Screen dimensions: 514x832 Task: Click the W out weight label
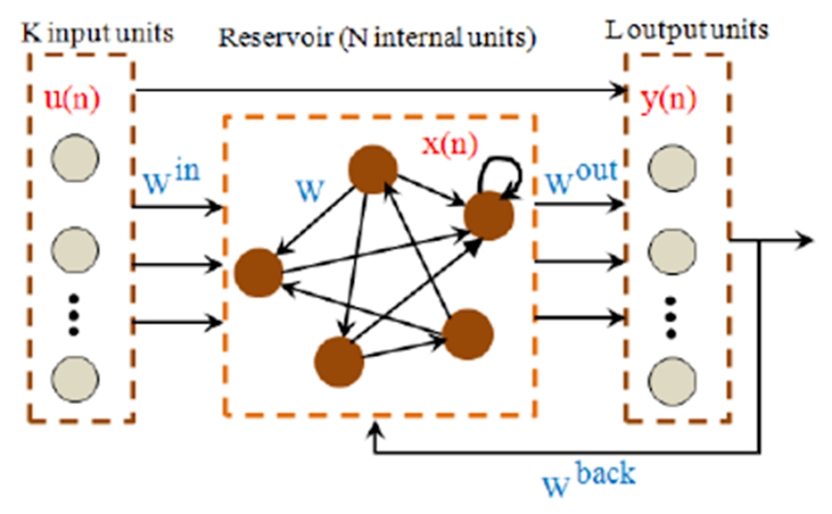coord(581,176)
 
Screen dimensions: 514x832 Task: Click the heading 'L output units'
coord(687,31)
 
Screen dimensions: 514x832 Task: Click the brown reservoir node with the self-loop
coord(489,216)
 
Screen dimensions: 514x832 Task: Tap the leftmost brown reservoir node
coord(258,272)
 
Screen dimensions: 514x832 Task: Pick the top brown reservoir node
coord(373,169)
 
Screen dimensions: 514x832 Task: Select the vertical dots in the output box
coord(671,317)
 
